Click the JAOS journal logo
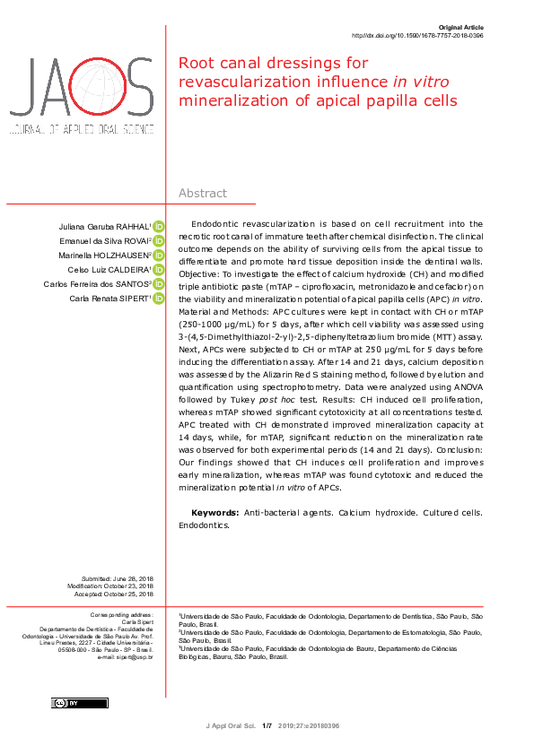point(82,94)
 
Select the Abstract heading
point(203,194)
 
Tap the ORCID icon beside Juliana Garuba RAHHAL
point(159,227)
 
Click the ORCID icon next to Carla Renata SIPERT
point(159,299)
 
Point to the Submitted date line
point(117,579)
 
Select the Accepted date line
point(117,594)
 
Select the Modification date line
point(117,586)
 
